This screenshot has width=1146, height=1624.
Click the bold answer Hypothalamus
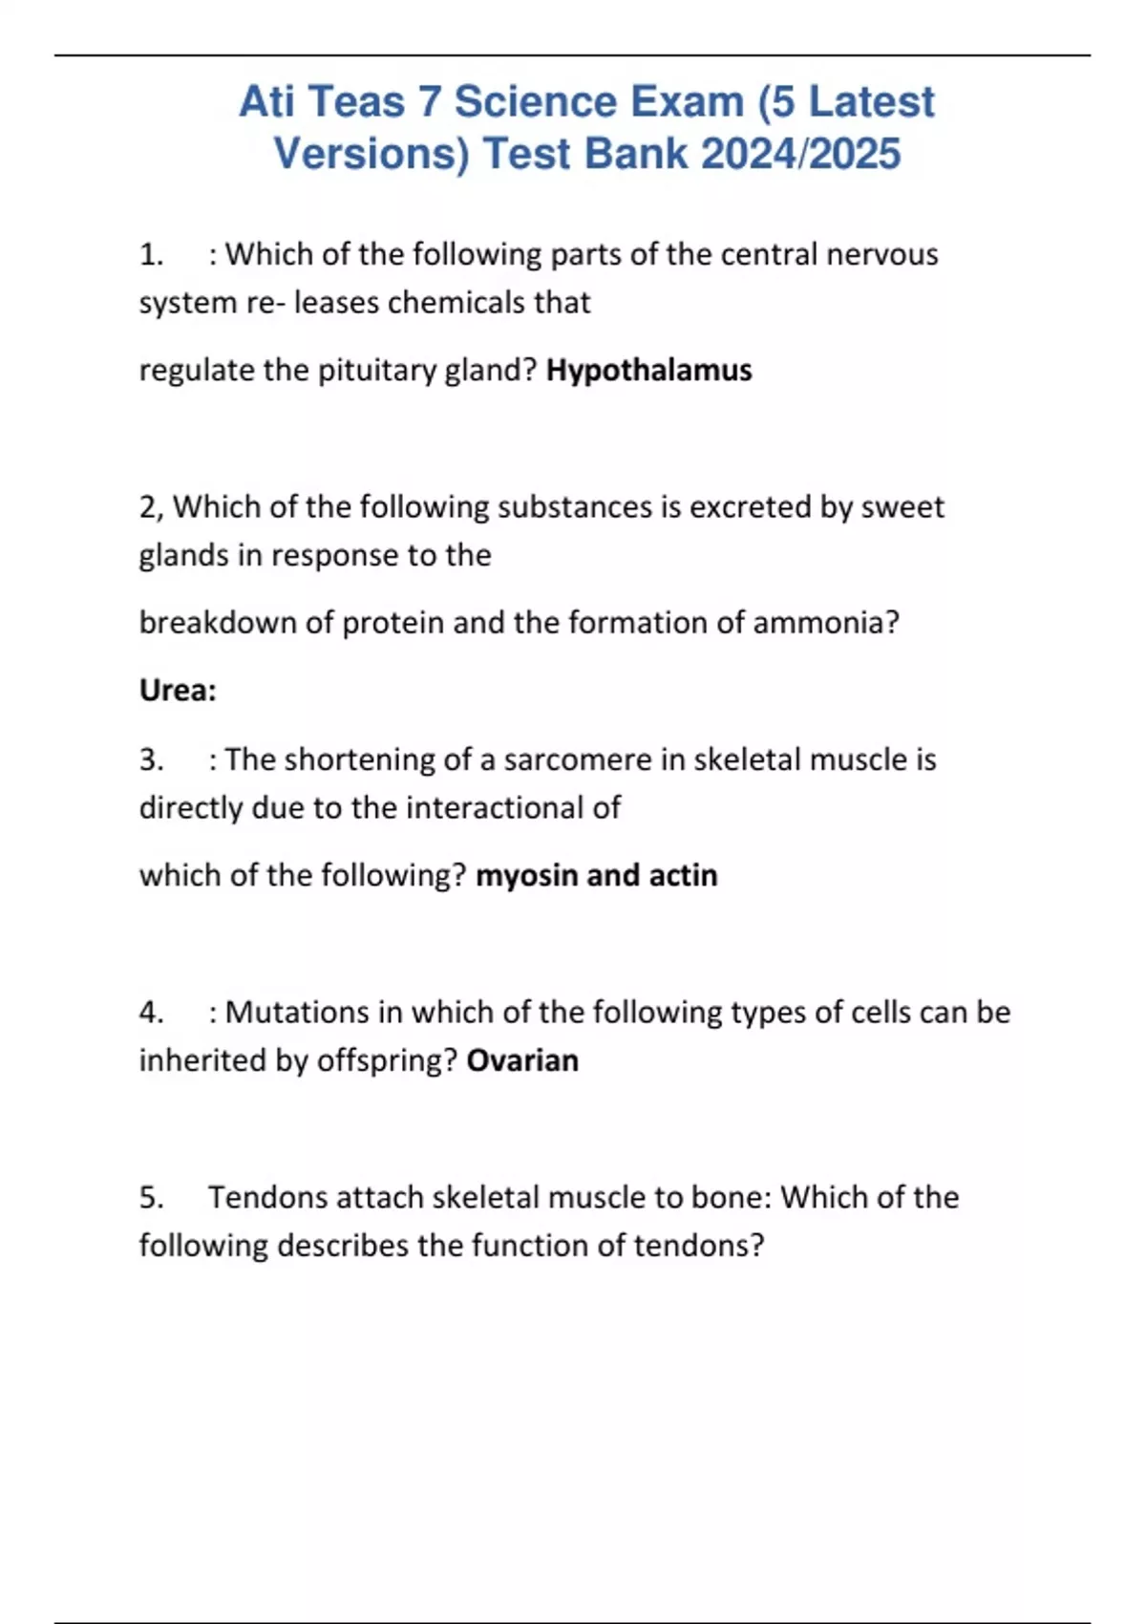pos(648,370)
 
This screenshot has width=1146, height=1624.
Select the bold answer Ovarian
pos(522,1060)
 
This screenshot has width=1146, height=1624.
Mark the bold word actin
pos(683,875)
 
